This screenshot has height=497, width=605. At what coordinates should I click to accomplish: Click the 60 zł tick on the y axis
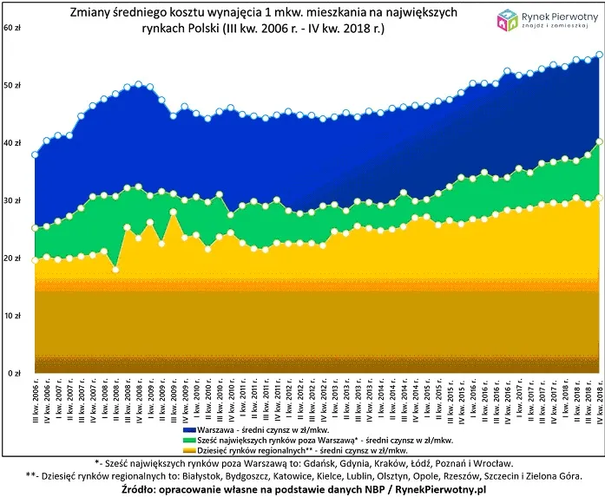(12, 29)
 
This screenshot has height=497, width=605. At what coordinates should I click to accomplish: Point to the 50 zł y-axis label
(12, 86)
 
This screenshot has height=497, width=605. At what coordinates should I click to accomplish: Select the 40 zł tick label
(12, 143)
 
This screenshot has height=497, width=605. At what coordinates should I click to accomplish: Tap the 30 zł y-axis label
(12, 200)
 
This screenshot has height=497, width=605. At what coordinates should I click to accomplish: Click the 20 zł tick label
(12, 258)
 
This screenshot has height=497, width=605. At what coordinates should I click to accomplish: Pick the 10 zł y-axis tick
(12, 316)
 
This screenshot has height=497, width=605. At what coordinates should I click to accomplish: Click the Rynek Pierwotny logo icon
(506, 22)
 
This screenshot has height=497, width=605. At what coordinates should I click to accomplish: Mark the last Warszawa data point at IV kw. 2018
(599, 55)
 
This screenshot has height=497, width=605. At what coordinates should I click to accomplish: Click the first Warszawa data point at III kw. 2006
(35, 155)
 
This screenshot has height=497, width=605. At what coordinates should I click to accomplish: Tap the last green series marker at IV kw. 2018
(599, 141)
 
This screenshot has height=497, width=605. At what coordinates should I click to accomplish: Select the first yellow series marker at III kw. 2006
(35, 259)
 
